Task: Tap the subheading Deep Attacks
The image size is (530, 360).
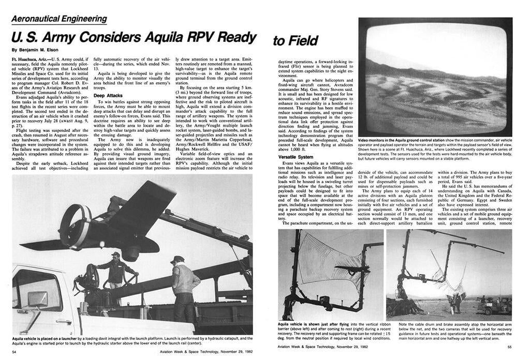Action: pyautogui.click(x=107, y=96)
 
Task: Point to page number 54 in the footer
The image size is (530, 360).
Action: pyautogui.click(x=15, y=352)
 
